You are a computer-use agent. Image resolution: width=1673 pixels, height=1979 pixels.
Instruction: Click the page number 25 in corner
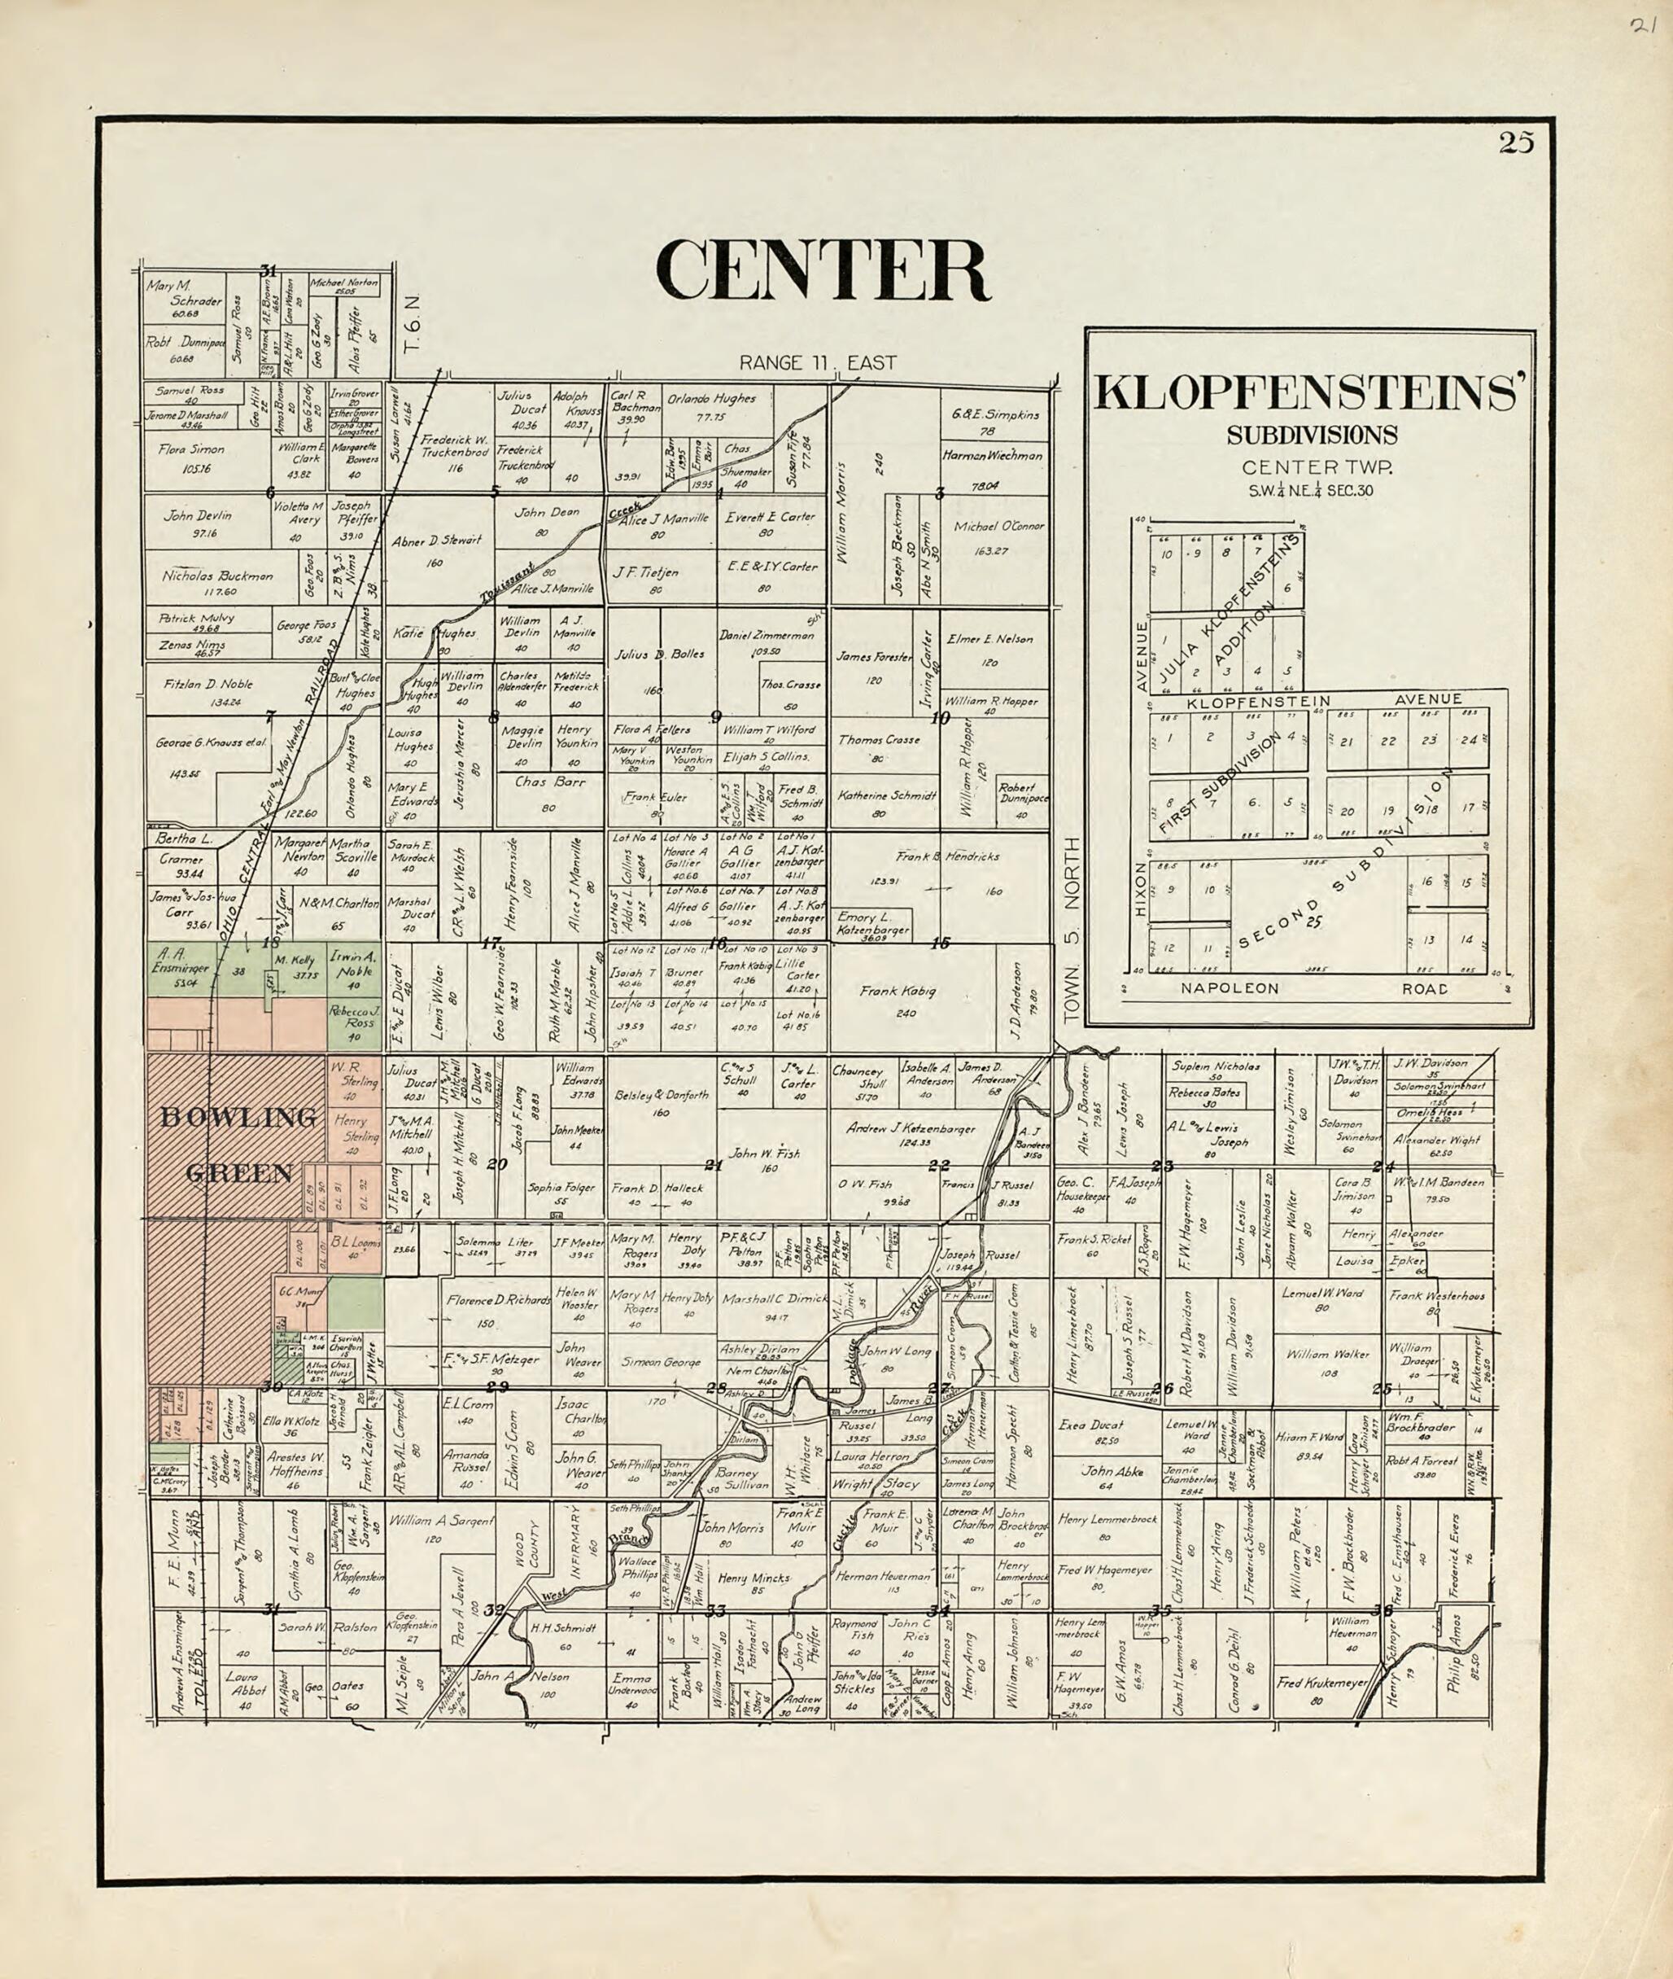[1516, 142]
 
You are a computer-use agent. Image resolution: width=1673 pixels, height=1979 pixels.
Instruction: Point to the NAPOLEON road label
[1230, 988]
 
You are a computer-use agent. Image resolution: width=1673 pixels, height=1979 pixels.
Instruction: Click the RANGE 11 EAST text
[818, 362]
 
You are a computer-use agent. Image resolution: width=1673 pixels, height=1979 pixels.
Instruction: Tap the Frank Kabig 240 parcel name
[898, 992]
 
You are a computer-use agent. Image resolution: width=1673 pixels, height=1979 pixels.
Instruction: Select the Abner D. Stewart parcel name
[436, 541]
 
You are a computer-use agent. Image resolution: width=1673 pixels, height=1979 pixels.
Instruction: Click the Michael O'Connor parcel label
[998, 526]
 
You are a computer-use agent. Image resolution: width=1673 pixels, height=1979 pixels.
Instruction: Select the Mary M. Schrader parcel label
[183, 292]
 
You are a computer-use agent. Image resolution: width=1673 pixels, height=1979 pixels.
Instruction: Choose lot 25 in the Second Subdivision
[1313, 920]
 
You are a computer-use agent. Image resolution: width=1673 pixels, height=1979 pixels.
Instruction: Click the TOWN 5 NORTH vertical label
[1072, 930]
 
